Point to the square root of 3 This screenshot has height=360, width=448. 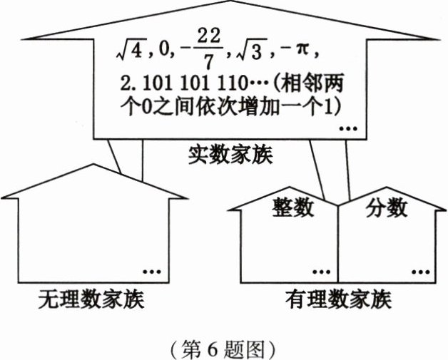pos(248,52)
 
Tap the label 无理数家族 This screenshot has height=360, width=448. pos(91,300)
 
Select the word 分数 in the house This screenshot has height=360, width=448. pos(387,207)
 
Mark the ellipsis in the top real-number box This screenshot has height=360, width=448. pos(348,128)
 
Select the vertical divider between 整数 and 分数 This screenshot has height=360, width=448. pos(338,242)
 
